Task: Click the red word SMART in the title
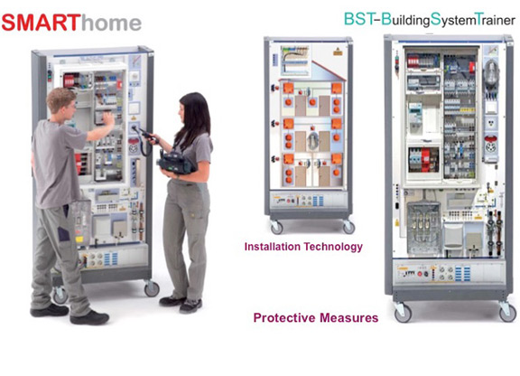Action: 42,23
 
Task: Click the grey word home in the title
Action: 111,23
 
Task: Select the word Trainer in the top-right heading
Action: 495,20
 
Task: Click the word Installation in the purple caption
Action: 273,247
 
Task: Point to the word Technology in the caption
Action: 333,247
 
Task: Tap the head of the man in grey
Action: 61,103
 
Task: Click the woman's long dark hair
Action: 195,117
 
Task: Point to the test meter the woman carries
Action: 176,163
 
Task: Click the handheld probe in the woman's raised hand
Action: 145,133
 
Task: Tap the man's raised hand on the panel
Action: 108,117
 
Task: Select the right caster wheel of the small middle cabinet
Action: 348,228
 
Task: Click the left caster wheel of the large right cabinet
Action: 403,313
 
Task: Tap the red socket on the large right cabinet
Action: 491,144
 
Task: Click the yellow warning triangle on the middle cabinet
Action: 338,52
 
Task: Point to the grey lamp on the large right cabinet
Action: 491,75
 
